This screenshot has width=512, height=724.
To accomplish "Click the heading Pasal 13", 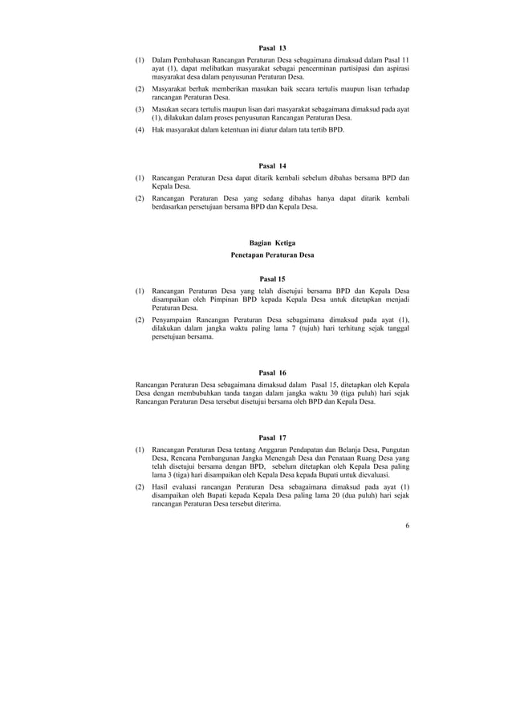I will tap(273, 48).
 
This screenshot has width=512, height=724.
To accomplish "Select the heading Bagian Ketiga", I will tap(273, 243).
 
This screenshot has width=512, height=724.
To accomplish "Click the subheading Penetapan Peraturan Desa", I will tap(273, 255).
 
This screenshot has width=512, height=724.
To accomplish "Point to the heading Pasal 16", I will tap(273, 372).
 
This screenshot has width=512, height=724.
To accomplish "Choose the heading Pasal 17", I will tap(273, 437).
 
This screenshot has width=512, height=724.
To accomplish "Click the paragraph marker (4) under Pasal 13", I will tap(140, 128).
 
